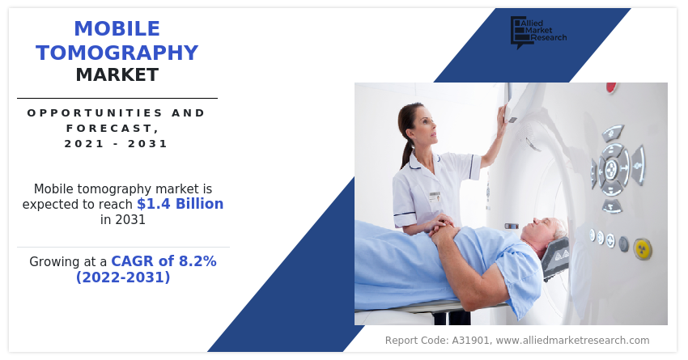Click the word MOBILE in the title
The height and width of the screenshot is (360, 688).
click(x=117, y=29)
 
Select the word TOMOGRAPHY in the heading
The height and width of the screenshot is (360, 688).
click(x=117, y=53)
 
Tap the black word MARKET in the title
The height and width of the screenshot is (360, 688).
click(x=117, y=75)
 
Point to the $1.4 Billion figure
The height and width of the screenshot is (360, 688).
click(x=180, y=204)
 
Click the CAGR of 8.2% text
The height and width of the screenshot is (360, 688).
click(x=164, y=261)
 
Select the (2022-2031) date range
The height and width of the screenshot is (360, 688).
click(x=123, y=277)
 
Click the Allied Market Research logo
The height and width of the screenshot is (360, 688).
click(x=538, y=32)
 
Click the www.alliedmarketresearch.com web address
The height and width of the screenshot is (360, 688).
click(x=571, y=341)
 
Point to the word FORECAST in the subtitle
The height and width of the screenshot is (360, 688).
click(x=109, y=129)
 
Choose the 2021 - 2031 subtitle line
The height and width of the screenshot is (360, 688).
click(x=117, y=144)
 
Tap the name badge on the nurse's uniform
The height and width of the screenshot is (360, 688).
click(x=435, y=197)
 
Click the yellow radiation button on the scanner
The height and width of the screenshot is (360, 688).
click(x=643, y=249)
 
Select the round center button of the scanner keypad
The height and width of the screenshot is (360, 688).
click(x=611, y=168)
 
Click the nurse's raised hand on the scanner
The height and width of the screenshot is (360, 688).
click(x=502, y=116)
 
